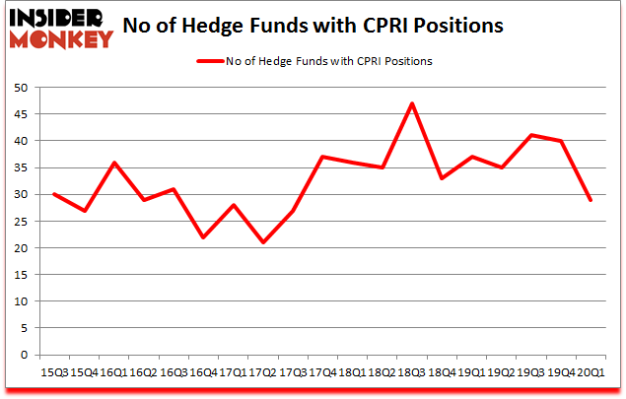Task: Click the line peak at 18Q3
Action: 411,103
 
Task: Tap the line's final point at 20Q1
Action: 591,200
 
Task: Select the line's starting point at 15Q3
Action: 53,194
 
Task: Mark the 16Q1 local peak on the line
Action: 114,163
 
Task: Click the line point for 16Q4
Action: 202,237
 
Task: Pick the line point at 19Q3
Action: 531,135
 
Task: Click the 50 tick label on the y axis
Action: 19,88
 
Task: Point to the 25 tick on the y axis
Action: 19,221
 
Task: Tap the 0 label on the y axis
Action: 22,355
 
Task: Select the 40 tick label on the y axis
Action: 19,141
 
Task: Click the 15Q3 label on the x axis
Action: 53,373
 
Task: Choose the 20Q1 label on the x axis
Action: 591,373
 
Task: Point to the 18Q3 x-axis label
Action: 411,373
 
